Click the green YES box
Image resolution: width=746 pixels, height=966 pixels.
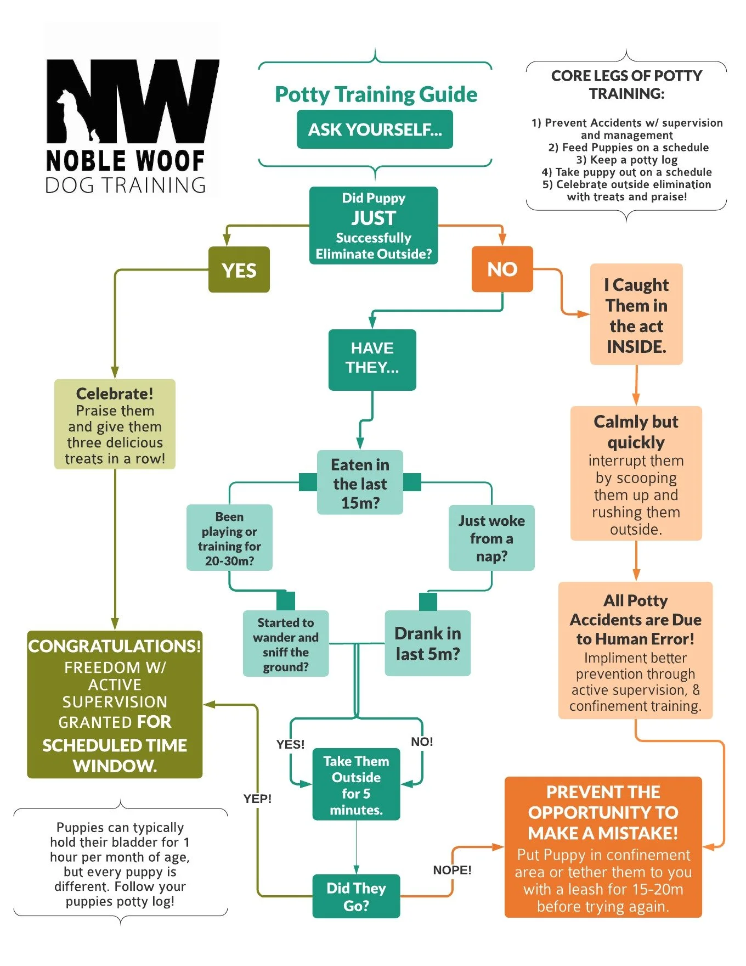(239, 270)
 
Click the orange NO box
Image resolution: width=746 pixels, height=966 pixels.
(502, 269)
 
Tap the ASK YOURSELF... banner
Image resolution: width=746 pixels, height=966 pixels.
(375, 130)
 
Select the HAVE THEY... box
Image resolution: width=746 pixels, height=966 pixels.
(372, 360)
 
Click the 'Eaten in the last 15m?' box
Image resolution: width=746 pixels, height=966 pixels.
(360, 483)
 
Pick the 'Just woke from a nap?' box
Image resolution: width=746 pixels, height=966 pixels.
(491, 538)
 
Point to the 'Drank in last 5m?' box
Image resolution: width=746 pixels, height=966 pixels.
(428, 643)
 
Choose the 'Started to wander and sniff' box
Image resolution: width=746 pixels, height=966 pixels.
(286, 644)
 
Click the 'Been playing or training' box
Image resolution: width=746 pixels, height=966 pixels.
(229, 538)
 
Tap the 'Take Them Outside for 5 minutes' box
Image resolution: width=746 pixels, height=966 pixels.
(356, 785)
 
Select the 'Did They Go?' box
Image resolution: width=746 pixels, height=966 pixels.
(356, 896)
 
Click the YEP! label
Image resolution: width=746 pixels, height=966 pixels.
(258, 799)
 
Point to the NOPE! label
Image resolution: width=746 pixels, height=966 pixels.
(452, 870)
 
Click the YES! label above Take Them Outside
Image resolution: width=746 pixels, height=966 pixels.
(290, 744)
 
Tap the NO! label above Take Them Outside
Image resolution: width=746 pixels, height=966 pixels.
(422, 742)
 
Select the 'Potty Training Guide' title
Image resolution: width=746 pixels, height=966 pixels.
(376, 94)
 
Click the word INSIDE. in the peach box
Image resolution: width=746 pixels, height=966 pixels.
(636, 347)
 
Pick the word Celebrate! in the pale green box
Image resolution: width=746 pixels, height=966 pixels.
(115, 394)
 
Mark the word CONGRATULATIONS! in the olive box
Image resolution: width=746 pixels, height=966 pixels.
(115, 646)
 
